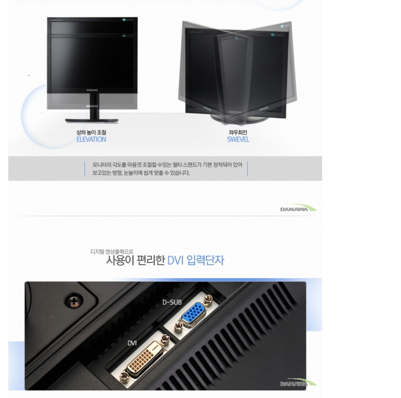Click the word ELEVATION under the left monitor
pyautogui.click(x=91, y=139)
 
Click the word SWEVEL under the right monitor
pyautogui.click(x=238, y=139)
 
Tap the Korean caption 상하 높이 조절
pyautogui.click(x=91, y=132)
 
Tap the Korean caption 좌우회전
pyautogui.click(x=238, y=132)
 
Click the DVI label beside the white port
pyautogui.click(x=132, y=343)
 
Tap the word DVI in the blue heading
pyautogui.click(x=177, y=260)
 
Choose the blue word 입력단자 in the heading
pyautogui.click(x=205, y=260)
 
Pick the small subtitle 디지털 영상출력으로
pyautogui.click(x=111, y=251)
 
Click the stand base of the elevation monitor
pyautogui.click(x=92, y=120)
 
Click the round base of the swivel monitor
pyautogui.click(x=238, y=117)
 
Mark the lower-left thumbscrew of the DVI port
pyautogui.click(x=124, y=376)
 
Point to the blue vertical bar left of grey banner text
pyautogui.click(x=85, y=169)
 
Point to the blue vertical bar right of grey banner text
pyautogui.click(x=247, y=169)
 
